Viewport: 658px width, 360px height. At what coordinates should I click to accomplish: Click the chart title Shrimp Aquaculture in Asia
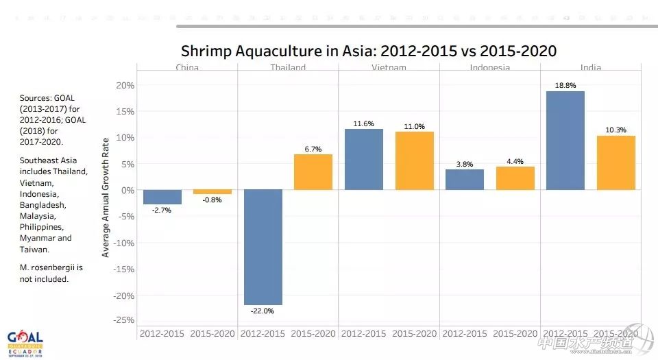point(368,51)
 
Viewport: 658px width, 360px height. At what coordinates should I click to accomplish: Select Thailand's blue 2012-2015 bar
point(263,247)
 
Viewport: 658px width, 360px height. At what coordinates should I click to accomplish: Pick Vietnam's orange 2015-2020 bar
point(414,160)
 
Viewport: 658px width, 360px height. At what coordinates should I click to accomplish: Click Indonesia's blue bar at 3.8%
point(465,180)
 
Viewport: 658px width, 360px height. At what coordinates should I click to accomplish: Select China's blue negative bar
point(162,197)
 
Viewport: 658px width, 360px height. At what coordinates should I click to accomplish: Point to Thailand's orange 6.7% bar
point(313,172)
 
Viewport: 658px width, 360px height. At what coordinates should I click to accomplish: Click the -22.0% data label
point(263,311)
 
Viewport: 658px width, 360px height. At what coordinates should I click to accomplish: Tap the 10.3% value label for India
point(616,130)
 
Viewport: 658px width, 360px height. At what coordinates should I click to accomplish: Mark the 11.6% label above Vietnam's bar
point(364,123)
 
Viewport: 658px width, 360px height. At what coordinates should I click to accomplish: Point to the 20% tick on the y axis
point(125,85)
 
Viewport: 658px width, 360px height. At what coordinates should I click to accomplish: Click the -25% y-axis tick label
point(123,320)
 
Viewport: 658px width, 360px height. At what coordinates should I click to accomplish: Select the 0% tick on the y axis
point(128,190)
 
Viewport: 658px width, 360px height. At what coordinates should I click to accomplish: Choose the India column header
point(591,67)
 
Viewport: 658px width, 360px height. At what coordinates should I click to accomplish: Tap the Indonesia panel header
point(490,67)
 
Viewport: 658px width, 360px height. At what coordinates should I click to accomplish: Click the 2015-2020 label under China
point(212,334)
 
